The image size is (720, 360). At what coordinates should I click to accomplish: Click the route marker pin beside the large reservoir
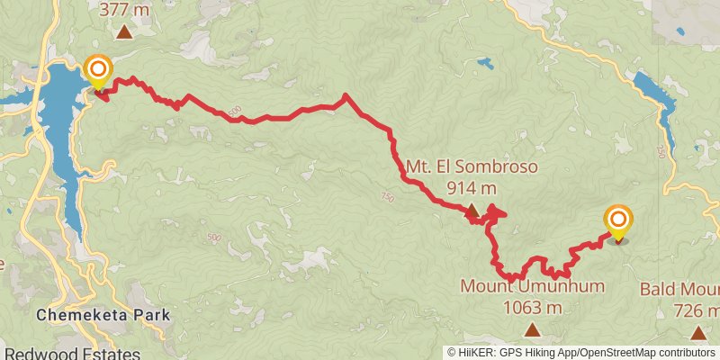pos(97,71)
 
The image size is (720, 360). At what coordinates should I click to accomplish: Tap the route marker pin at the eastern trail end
pos(618,221)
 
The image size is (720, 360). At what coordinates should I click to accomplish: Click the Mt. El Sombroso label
pos(447,167)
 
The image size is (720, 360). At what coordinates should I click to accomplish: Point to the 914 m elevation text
pos(472,188)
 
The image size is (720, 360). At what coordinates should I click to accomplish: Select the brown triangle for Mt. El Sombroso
pos(472,210)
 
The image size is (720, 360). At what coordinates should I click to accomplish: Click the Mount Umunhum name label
pos(532,286)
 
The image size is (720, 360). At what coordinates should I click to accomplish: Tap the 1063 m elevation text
pos(532,307)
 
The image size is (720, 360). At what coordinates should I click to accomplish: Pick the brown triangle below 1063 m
pos(532,328)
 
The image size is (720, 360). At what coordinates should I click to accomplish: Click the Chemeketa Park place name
pos(103,316)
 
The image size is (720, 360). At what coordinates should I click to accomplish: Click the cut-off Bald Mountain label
pos(680,290)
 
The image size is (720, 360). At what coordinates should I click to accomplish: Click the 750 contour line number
pos(388,196)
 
